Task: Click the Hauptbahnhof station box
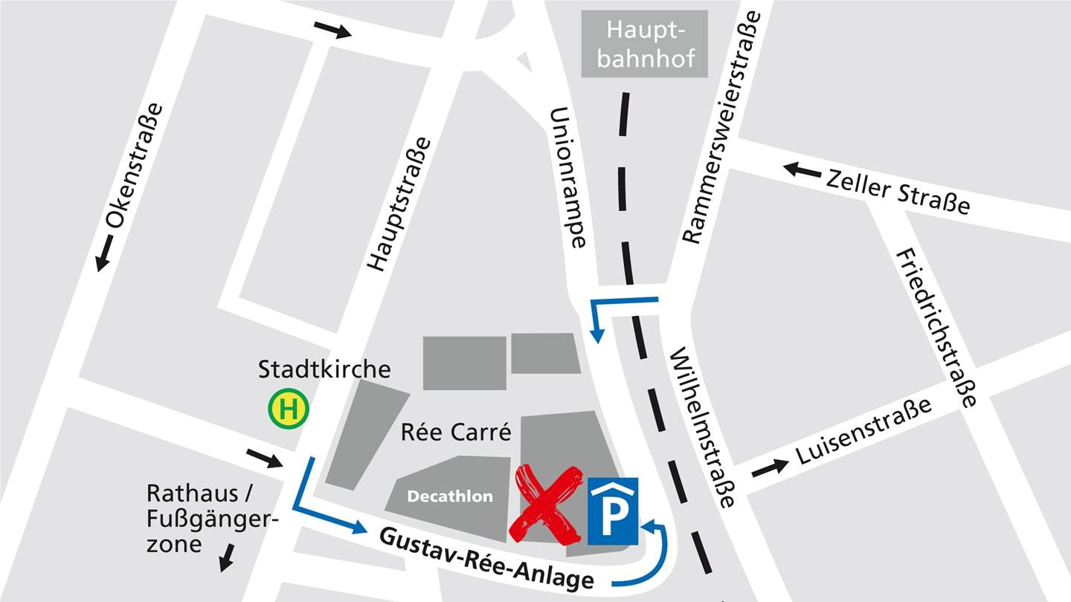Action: coord(644,43)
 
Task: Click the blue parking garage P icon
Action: coord(613,511)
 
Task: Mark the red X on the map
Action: coord(547,503)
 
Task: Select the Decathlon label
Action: coord(450,496)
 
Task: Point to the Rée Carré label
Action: coord(456,431)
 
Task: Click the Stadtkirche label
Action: coord(324,369)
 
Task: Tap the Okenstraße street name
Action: coord(135,164)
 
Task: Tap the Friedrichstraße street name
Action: coord(936,328)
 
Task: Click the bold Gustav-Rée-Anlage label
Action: coord(487,558)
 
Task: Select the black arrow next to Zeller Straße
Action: coord(803,169)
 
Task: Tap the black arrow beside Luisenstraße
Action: coord(770,468)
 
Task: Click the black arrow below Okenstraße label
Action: coord(105,253)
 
